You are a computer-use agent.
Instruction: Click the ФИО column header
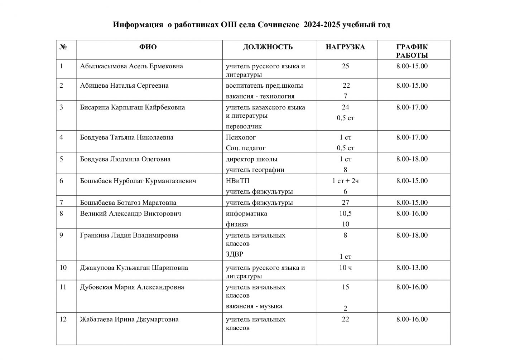148,47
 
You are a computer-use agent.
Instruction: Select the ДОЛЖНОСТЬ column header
268,47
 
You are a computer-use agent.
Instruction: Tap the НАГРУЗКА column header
345,47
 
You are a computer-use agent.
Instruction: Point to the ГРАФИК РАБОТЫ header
412,51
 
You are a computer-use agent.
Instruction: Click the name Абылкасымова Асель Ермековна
131,66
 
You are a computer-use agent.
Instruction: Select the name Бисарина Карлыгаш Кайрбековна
133,107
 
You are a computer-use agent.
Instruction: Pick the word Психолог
241,137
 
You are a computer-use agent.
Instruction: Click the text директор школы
251,159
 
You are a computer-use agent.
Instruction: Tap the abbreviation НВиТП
237,181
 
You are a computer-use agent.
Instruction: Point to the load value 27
345,203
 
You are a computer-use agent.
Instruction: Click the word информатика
246,214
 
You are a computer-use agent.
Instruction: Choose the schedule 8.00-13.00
412,268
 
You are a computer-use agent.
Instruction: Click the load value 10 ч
345,268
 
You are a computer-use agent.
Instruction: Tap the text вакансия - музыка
254,306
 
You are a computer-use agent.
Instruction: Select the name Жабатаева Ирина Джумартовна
129,320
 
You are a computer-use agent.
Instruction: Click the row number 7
62,203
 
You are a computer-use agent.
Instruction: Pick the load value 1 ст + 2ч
345,181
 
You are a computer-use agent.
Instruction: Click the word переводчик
244,126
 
